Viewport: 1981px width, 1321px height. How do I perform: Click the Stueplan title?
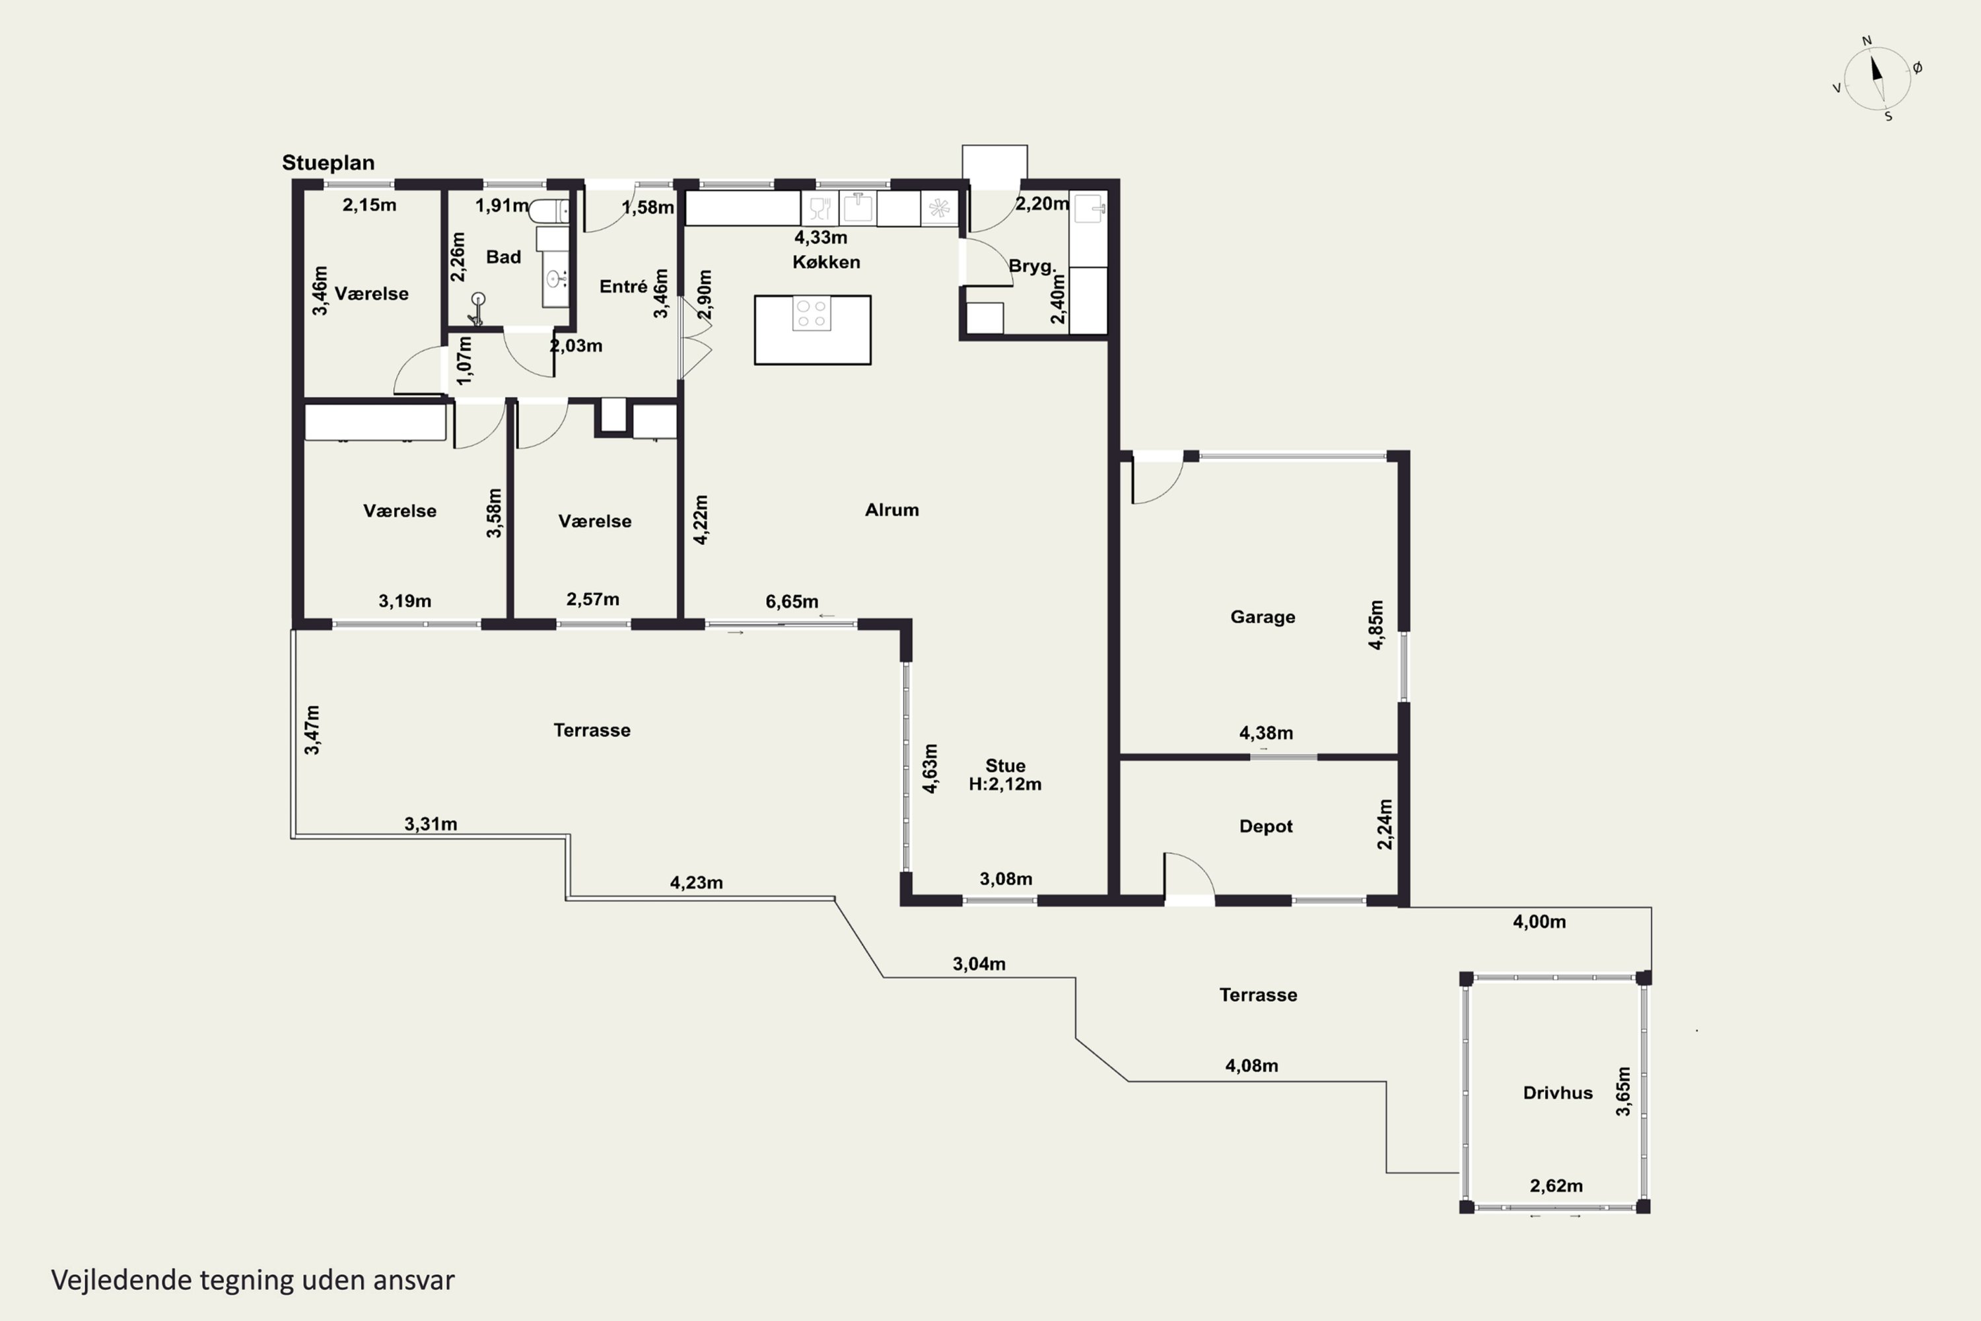click(328, 162)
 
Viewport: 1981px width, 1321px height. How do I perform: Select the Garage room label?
click(1263, 617)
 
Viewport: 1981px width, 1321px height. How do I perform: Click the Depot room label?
click(1266, 826)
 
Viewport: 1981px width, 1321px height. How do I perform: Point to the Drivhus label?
click(1557, 1092)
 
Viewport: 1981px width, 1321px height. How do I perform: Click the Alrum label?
click(892, 510)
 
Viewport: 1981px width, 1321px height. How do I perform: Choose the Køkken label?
click(826, 262)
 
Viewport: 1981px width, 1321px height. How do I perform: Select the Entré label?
click(623, 287)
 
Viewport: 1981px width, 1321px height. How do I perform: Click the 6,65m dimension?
click(792, 602)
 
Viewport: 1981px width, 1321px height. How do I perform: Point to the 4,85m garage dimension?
click(1375, 625)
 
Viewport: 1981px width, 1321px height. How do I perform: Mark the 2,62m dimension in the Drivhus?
click(1556, 1186)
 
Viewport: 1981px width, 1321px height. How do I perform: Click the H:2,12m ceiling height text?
click(1005, 785)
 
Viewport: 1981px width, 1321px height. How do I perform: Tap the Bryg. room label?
click(1031, 266)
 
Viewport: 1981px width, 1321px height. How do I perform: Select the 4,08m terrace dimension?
click(1251, 1066)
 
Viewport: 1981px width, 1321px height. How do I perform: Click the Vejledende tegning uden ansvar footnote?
click(253, 1280)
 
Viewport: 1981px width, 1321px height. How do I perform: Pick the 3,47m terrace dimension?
click(312, 730)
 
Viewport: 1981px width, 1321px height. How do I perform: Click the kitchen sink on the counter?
click(857, 207)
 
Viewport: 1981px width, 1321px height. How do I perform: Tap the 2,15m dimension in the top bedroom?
click(369, 205)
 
